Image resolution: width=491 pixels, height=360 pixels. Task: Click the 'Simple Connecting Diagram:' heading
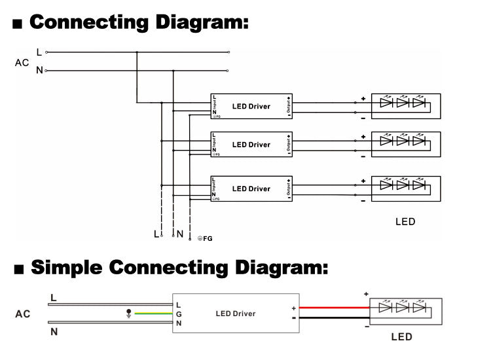(x=178, y=268)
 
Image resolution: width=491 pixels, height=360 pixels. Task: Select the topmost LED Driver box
(x=251, y=106)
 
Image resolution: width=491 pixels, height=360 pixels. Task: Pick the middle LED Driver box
(x=251, y=144)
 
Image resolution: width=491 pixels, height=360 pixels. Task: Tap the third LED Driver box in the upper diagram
(x=251, y=189)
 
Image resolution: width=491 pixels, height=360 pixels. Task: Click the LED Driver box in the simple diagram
(x=236, y=314)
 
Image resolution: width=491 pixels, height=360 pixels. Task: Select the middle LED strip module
(x=406, y=143)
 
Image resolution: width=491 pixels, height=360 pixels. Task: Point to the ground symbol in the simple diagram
(x=128, y=314)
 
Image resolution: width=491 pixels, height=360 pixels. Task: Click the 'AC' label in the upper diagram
(x=22, y=63)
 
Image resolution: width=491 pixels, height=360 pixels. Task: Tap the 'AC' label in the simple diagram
(x=23, y=314)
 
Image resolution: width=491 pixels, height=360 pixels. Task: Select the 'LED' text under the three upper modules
(x=405, y=222)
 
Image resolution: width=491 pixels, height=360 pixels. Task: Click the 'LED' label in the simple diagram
(x=401, y=337)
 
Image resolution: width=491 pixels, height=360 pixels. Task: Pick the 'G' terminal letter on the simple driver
(x=179, y=314)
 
